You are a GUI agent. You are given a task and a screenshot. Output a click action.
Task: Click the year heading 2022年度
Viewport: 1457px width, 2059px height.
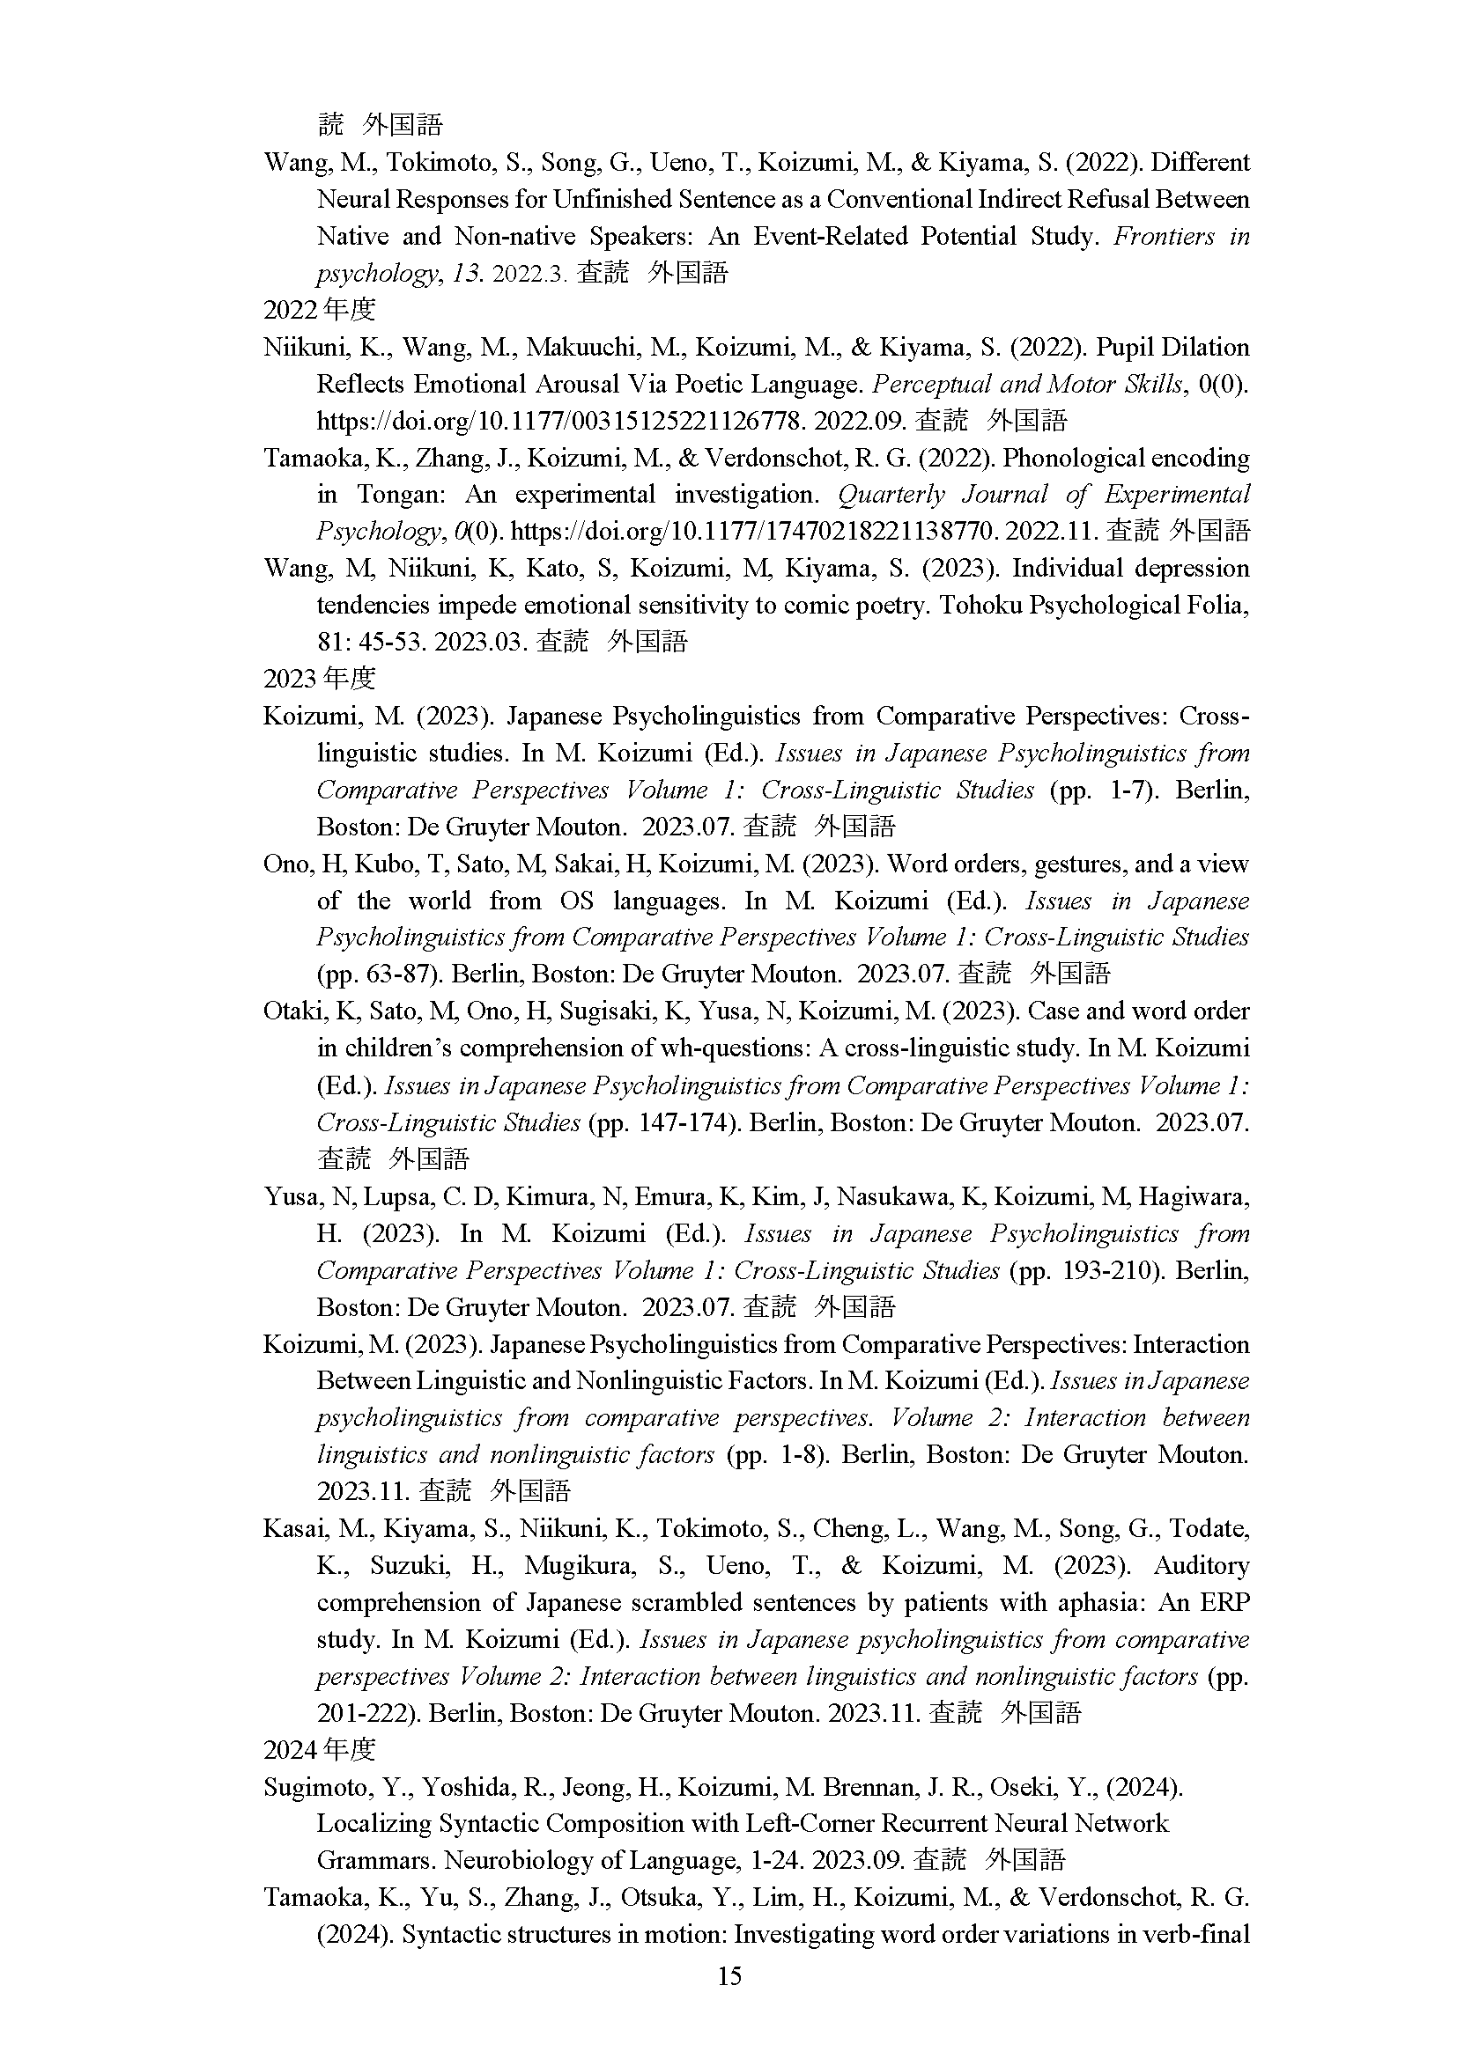(x=320, y=310)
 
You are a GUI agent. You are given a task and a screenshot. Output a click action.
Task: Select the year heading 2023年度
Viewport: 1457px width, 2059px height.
(x=320, y=679)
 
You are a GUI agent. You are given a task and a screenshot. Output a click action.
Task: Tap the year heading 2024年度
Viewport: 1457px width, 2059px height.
(x=320, y=1750)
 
